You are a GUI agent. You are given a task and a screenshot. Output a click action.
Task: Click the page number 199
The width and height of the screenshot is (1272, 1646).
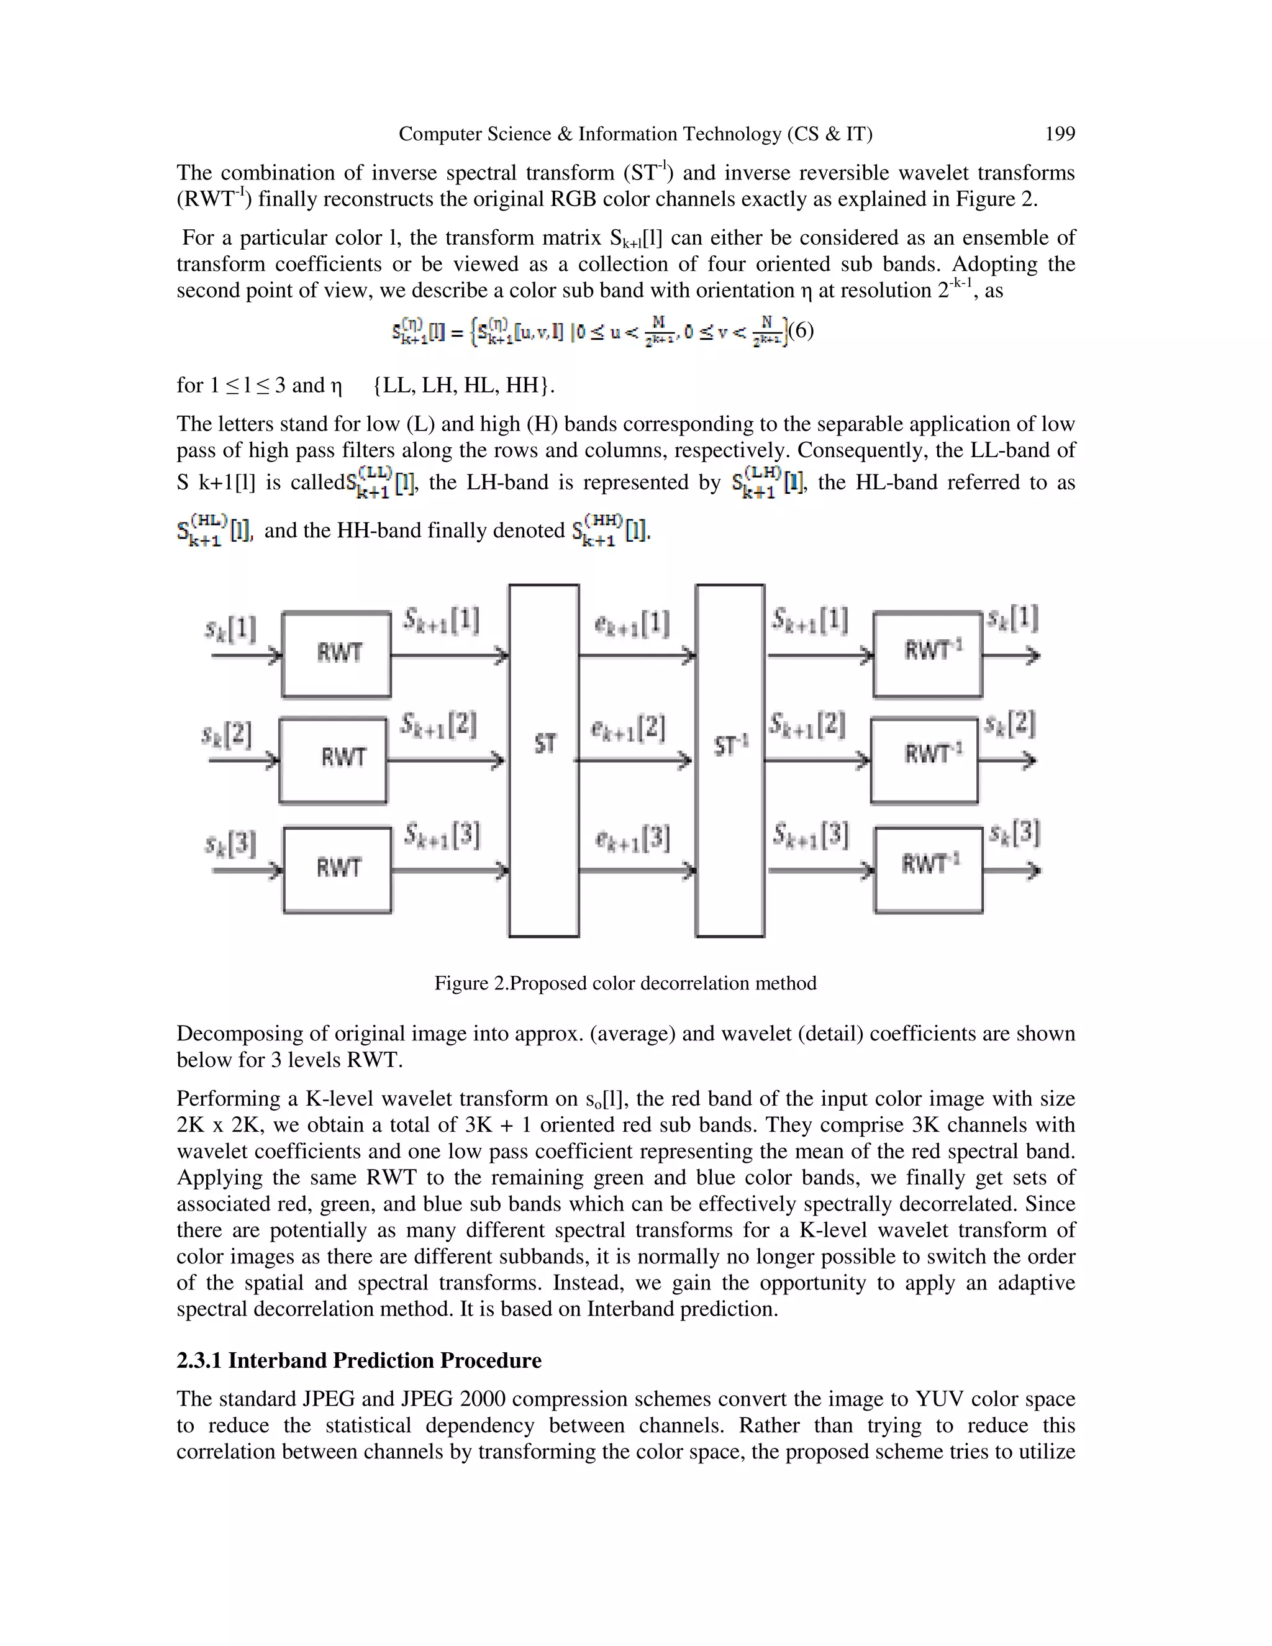pyautogui.click(x=1060, y=134)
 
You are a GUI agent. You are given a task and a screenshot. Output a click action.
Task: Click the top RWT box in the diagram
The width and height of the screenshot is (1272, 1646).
pyautogui.click(x=336, y=653)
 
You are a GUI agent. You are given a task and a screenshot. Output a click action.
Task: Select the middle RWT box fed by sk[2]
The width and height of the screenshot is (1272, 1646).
pyautogui.click(x=333, y=759)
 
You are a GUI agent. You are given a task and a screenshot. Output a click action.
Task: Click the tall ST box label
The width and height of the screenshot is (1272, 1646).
pyautogui.click(x=544, y=745)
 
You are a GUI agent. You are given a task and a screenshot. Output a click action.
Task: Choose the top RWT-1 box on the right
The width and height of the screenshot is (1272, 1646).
pyautogui.click(x=929, y=653)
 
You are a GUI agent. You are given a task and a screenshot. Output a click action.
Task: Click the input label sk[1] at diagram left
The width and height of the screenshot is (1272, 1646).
pyautogui.click(x=230, y=629)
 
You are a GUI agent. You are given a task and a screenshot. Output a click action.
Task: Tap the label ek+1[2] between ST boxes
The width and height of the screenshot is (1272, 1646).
pyautogui.click(x=628, y=729)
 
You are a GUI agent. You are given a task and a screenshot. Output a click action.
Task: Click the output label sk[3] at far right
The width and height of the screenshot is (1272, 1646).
pyautogui.click(x=1014, y=833)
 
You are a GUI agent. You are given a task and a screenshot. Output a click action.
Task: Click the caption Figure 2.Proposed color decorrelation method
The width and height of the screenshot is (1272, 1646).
pyautogui.click(x=625, y=983)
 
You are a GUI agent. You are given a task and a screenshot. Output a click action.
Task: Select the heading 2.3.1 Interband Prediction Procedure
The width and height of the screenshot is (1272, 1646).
pyautogui.click(x=359, y=1360)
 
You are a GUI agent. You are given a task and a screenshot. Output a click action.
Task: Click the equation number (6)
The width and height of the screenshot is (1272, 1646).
pyautogui.click(x=800, y=331)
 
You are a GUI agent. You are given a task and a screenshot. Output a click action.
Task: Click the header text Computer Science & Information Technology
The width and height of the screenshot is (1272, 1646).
pyautogui.click(x=591, y=134)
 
